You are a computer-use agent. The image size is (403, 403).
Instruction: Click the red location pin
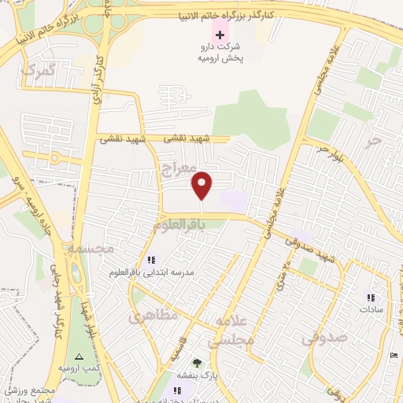coord(202,186)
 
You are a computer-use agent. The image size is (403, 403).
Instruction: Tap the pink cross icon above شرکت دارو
coord(220,37)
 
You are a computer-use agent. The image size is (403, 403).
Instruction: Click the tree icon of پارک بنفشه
coord(197,364)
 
